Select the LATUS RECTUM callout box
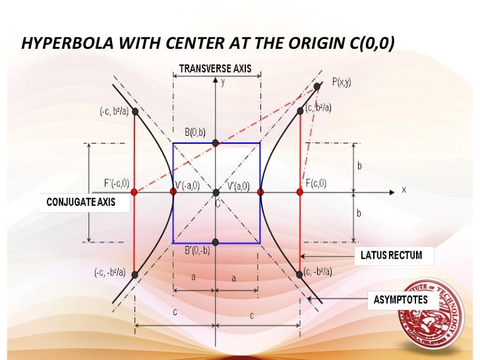(391, 255)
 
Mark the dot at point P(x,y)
(318, 86)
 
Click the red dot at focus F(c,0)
(300, 192)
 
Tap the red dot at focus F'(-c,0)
(134, 192)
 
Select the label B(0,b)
(196, 132)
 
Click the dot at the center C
(216, 192)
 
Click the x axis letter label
(404, 190)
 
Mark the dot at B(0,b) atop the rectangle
(216, 143)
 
